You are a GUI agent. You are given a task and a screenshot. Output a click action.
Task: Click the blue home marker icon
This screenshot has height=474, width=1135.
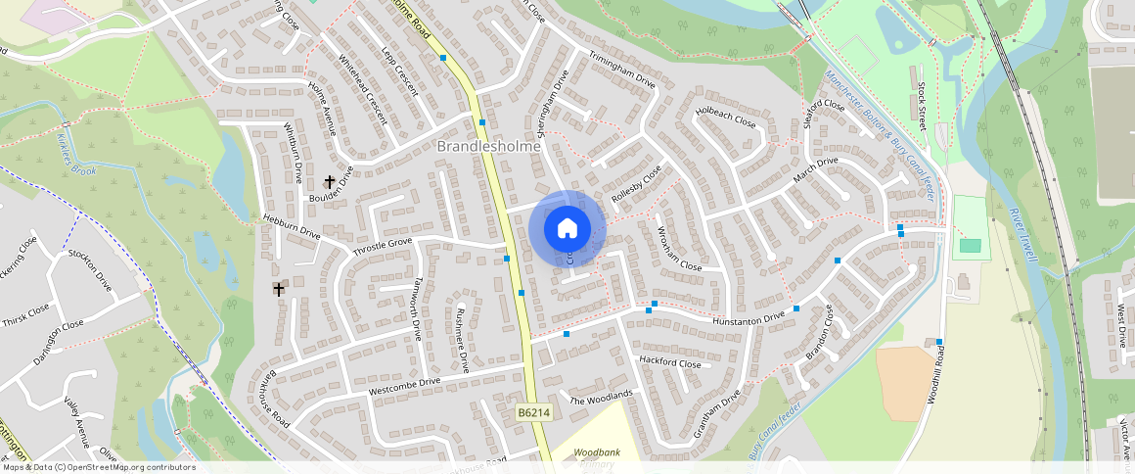click(x=567, y=228)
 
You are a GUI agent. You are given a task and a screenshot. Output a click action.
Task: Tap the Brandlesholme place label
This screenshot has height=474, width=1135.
click(x=488, y=146)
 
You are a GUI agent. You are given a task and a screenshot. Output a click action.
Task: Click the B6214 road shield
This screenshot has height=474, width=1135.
click(x=534, y=413)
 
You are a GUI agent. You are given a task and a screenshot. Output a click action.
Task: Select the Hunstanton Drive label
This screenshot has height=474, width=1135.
click(x=749, y=317)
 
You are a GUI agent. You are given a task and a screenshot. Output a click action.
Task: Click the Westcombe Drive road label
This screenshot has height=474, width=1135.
click(x=404, y=385)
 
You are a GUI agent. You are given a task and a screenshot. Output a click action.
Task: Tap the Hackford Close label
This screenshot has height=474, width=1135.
click(x=670, y=362)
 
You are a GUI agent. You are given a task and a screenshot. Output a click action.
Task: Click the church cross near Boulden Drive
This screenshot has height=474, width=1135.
click(x=330, y=182)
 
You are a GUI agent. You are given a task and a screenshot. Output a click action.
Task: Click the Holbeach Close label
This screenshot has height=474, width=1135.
click(x=725, y=118)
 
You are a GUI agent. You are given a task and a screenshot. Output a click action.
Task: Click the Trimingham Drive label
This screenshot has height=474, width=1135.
click(x=622, y=69)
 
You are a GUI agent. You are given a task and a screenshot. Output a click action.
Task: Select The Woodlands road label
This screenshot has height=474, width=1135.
click(x=601, y=399)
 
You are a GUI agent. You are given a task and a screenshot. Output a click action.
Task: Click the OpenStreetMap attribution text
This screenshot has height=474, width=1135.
click(x=99, y=467)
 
